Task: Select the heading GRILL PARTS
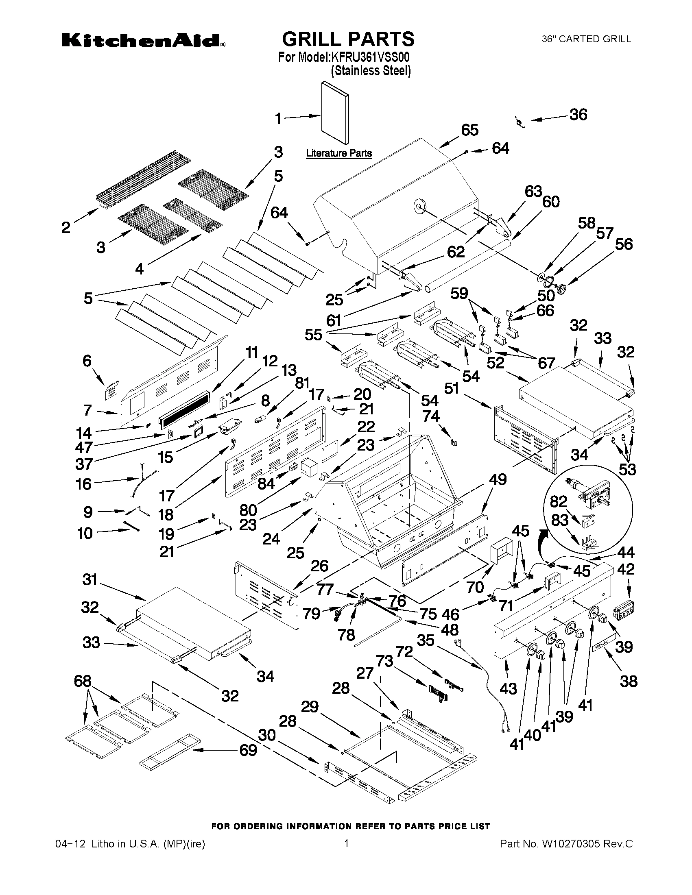pos(348,39)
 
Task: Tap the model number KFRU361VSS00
pos(373,57)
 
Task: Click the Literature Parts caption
pos(339,153)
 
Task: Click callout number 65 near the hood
pos(470,130)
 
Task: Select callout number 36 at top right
pos(578,115)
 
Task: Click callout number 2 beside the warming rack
pos(66,227)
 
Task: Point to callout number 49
pos(498,479)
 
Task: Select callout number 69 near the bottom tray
pos(249,750)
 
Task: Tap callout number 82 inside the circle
pos(558,501)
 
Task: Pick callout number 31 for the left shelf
pos(90,579)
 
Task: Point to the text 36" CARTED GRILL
pos(586,39)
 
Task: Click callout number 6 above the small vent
pos(87,361)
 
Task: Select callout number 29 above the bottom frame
pos(310,706)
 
